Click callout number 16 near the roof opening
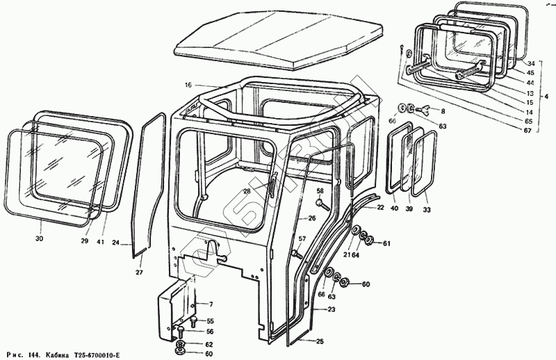tap(188, 85)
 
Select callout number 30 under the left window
tap(39, 239)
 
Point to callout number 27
tap(139, 272)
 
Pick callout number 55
tap(211, 320)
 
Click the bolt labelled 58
tap(320, 203)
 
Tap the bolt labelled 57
tap(297, 252)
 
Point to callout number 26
tap(312, 218)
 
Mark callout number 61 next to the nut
tap(386, 243)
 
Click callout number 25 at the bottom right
tap(320, 341)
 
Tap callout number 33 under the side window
tap(427, 209)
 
